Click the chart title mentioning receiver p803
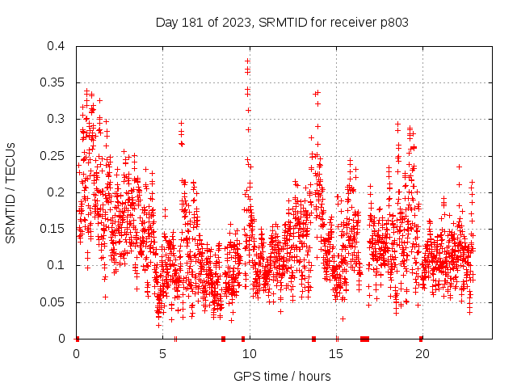(282, 23)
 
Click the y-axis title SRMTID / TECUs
(11, 192)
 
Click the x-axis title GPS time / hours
(282, 376)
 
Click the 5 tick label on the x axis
(162, 353)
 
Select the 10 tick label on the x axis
(250, 353)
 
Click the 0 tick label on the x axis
(76, 353)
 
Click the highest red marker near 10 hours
(247, 61)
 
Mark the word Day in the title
(166, 23)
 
